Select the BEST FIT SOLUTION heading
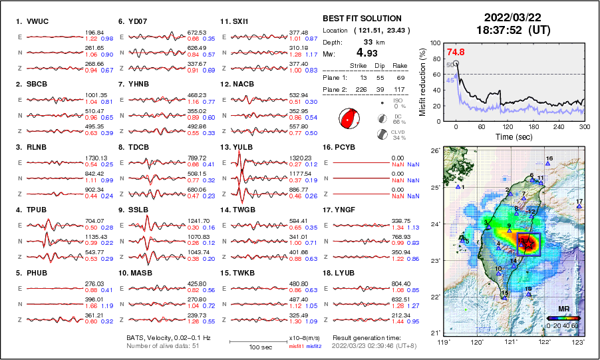point(361,19)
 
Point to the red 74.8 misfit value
point(455,53)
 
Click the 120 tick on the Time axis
point(508,126)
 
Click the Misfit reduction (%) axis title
point(422,81)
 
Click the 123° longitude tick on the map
point(580,342)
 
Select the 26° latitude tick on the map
point(433,151)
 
